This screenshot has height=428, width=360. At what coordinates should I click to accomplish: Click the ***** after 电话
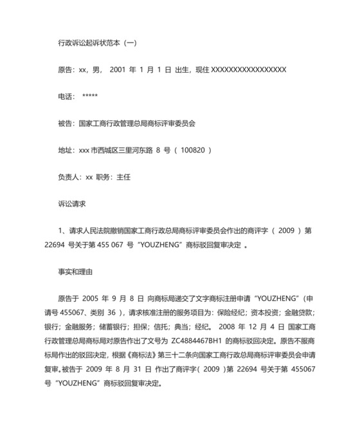90,97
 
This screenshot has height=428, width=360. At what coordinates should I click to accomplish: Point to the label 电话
66,97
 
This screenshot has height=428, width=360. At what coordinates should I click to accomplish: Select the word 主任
123,176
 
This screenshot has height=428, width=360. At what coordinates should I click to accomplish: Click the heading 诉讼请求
71,203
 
